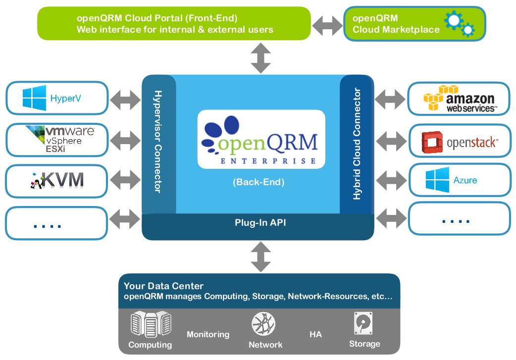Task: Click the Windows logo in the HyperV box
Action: pos(34,98)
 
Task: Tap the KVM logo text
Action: pos(61,180)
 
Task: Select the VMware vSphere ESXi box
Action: pos(56,139)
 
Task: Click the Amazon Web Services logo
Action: pos(459,99)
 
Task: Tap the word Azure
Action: pos(465,180)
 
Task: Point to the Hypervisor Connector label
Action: pos(158,141)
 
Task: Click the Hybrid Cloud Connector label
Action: pos(357,144)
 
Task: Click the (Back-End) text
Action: pos(258,182)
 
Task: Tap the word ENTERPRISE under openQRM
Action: pos(267,161)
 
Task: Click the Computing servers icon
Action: pos(150,324)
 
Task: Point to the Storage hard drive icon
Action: pos(364,323)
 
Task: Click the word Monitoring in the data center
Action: pos(208,334)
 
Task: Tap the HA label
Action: pos(315,334)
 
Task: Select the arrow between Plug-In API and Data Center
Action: pos(261,257)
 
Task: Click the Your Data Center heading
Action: pos(163,286)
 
